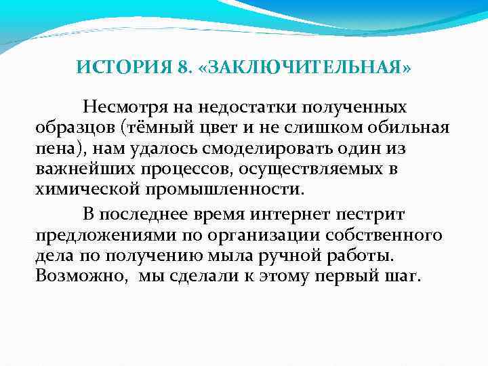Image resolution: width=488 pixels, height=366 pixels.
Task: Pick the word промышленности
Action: pos(219,189)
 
